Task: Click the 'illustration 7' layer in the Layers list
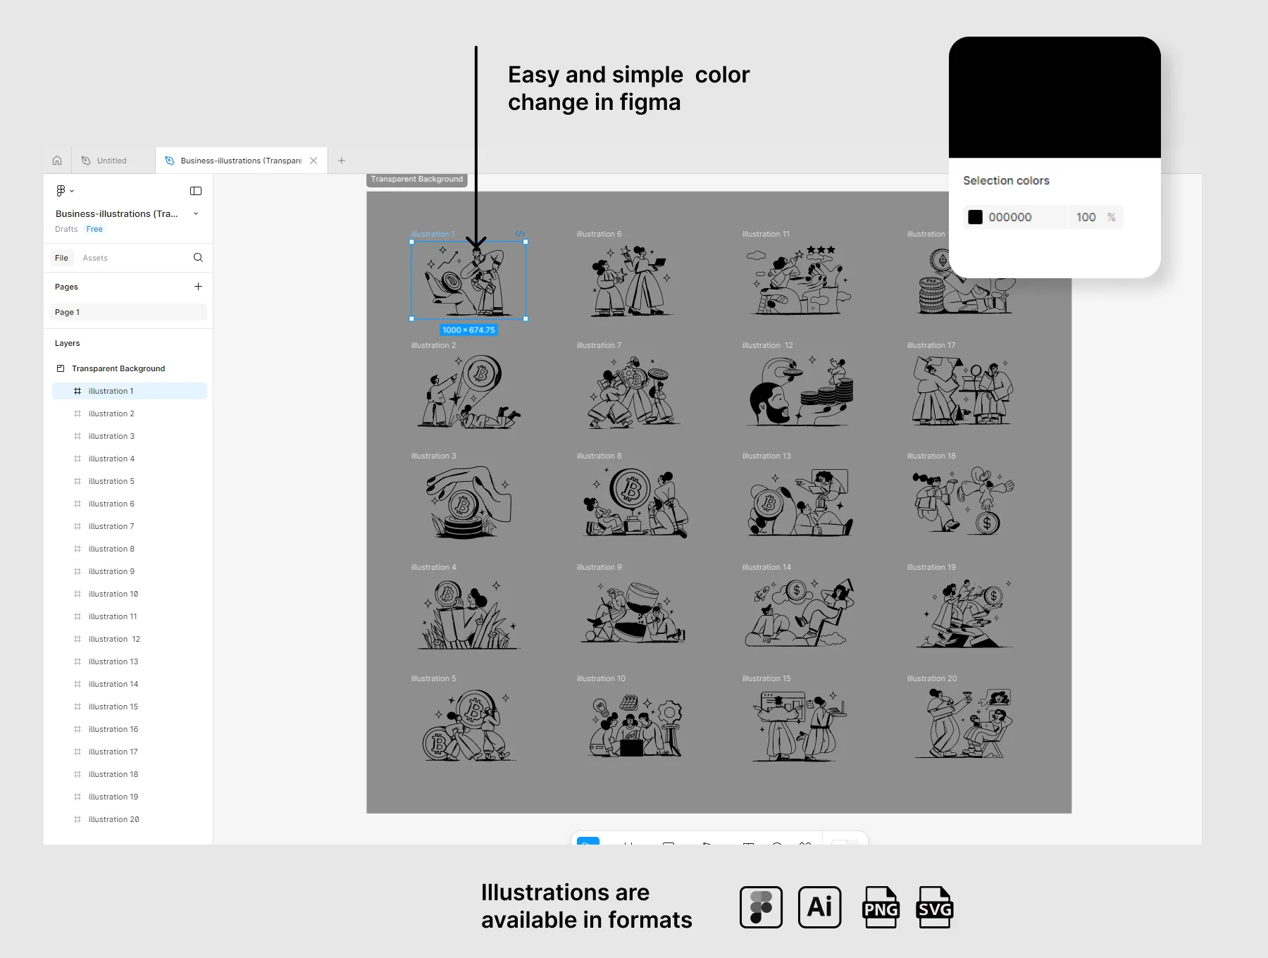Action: tap(111, 526)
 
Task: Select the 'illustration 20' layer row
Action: tap(113, 819)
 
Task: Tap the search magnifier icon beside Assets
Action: tap(198, 258)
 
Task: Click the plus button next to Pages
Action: tap(198, 287)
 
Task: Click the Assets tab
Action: tap(95, 258)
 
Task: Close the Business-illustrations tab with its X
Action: tap(313, 161)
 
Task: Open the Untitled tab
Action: tap(111, 161)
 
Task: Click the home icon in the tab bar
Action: tap(57, 161)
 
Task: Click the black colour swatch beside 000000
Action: tap(975, 217)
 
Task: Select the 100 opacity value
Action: tap(1086, 217)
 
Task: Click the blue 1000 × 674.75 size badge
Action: tap(468, 330)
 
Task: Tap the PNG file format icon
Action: tap(881, 907)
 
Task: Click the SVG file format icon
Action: tap(935, 907)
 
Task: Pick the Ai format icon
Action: tap(820, 907)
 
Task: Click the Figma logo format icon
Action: tap(761, 907)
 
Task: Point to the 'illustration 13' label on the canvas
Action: tap(766, 456)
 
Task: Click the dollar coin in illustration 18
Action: tap(987, 523)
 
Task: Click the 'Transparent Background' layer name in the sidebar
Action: tap(118, 368)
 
